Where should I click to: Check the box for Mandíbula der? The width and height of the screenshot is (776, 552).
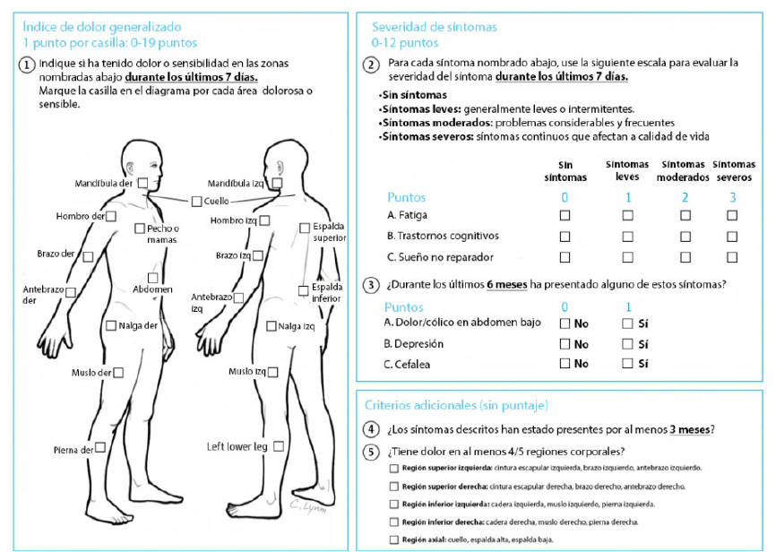coord(142,183)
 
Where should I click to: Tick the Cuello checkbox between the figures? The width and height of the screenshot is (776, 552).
coord(196,201)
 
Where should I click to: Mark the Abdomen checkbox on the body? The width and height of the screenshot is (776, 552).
coord(153,278)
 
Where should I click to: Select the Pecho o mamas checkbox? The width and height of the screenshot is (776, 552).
coord(140,229)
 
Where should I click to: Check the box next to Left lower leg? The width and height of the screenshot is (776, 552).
coord(279,445)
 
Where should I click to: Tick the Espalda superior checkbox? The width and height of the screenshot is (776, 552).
coord(304,227)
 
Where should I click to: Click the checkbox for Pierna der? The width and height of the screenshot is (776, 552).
coord(100,448)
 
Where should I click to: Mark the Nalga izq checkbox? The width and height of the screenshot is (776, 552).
coord(272,326)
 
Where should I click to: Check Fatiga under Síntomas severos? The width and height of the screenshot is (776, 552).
coord(732,215)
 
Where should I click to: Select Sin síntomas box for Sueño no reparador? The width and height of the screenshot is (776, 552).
coord(565,257)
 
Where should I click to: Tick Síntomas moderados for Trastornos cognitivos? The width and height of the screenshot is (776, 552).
coord(685,237)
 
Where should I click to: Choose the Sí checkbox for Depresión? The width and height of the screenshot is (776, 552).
coord(627,343)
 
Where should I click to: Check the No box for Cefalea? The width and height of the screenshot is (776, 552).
coord(565,364)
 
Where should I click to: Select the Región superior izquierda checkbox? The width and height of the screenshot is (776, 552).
coord(394,468)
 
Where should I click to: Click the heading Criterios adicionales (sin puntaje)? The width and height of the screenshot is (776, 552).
coord(456,405)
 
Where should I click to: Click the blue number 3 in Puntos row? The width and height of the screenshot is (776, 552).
coord(732,197)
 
